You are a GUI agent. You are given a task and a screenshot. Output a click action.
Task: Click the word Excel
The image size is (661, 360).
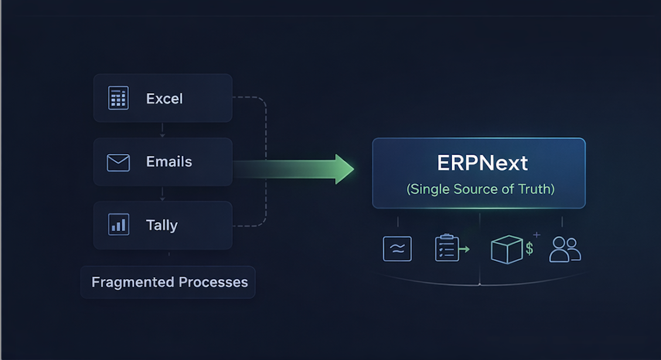(x=165, y=99)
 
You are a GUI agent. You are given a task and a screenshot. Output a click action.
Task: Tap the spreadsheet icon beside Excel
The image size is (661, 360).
(x=118, y=98)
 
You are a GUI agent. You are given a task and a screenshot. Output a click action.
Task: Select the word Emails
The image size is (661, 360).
(x=169, y=162)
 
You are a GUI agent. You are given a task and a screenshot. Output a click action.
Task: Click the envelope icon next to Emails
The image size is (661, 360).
(x=118, y=162)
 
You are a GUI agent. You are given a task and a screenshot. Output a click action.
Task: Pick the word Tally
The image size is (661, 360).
(x=162, y=225)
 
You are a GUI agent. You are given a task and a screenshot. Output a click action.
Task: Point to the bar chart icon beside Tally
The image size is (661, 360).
(x=118, y=225)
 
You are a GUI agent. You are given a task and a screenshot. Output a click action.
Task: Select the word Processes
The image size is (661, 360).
(x=213, y=282)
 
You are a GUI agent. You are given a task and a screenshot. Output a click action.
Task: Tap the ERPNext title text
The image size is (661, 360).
(x=482, y=163)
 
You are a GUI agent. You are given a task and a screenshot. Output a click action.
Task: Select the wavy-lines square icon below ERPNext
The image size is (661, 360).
(x=397, y=249)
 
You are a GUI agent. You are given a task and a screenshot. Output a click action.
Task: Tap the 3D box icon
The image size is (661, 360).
(x=506, y=250)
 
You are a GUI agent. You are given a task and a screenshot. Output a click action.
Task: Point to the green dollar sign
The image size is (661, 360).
(x=529, y=248)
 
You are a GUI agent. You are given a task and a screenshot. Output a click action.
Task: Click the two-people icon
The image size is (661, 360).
(x=565, y=249)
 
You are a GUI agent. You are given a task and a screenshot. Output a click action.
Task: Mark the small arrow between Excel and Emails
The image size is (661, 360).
(x=163, y=134)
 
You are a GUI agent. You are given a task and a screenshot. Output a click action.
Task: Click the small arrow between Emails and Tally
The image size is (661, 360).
(x=163, y=198)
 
